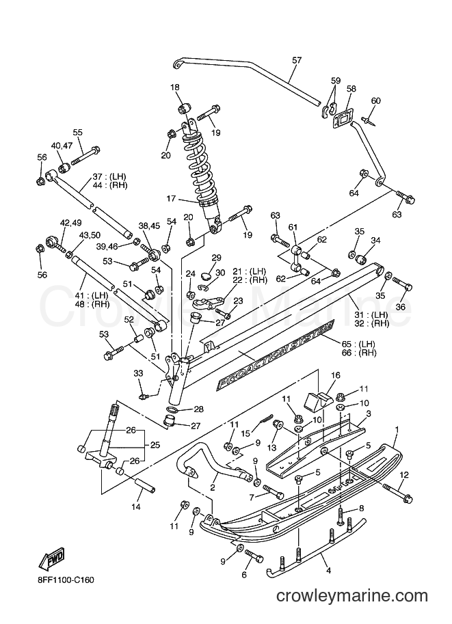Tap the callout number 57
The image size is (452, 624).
click(297, 60)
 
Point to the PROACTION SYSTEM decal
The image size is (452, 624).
click(275, 354)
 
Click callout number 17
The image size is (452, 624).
click(171, 198)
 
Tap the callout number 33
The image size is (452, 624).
click(138, 373)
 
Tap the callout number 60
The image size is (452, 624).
click(375, 100)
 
